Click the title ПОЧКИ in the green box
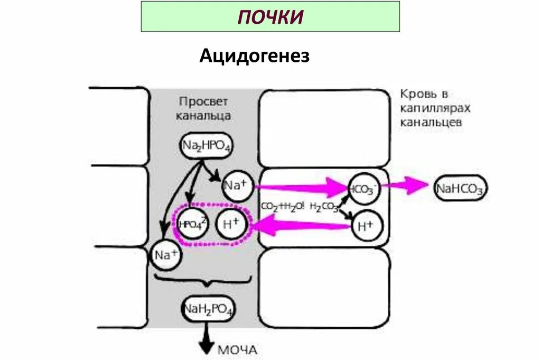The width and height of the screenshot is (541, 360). point(270,16)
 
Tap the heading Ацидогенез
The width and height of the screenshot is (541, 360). point(254,56)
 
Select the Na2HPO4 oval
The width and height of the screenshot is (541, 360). point(207,146)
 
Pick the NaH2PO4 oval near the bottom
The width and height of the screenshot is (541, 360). point(209,309)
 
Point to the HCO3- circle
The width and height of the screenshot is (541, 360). point(363,188)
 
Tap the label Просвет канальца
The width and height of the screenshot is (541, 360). point(203,108)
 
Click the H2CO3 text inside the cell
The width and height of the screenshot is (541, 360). point(324,207)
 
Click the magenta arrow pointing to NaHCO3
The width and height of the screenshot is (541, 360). point(407,185)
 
